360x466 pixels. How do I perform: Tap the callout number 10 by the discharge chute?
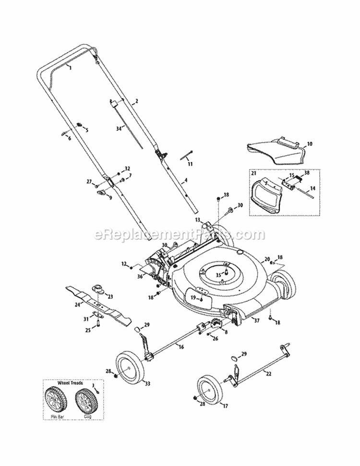coord(309,143)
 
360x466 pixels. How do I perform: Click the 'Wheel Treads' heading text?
coord(70,383)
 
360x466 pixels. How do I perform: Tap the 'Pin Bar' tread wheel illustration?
coord(58,400)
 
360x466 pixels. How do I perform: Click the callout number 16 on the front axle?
coord(181,346)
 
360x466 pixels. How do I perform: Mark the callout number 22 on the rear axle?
coord(268,374)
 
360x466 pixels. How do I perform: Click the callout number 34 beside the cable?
coord(119,128)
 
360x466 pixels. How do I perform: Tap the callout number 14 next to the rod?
coord(312,189)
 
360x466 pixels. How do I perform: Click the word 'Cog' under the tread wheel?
coord(86,417)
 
